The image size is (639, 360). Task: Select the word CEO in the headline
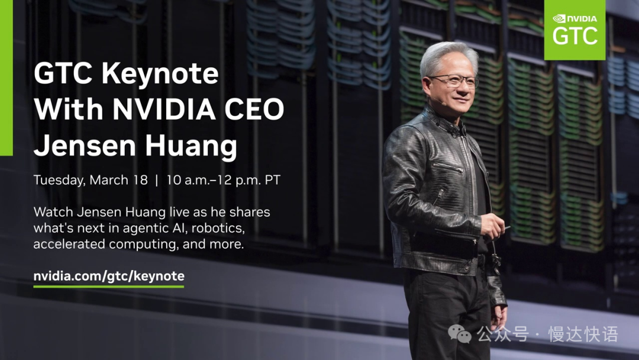tap(257, 110)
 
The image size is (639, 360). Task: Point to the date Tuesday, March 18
tap(91, 180)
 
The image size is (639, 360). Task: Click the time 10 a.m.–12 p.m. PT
tap(222, 180)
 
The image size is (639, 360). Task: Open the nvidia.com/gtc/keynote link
tap(109, 276)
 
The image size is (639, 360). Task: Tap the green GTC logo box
tap(575, 30)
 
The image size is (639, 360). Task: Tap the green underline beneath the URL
tap(109, 287)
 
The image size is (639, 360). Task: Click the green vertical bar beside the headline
tap(6, 78)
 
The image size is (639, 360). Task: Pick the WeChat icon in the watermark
tap(460, 335)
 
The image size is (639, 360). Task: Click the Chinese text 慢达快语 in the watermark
tap(583, 335)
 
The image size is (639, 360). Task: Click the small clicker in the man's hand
tap(505, 227)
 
